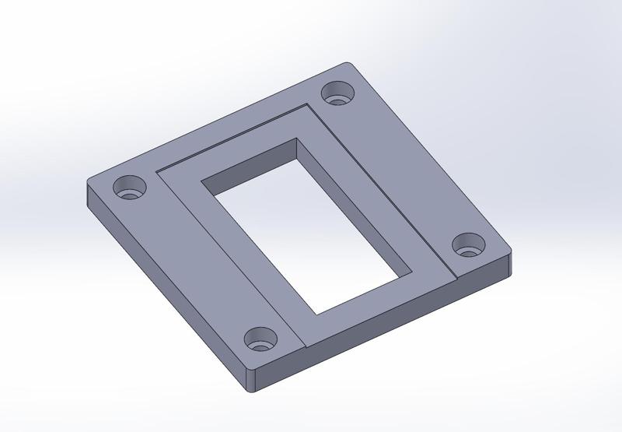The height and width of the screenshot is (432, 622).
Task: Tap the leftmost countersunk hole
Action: click(130, 188)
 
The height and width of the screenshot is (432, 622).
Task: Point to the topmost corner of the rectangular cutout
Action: click(296, 139)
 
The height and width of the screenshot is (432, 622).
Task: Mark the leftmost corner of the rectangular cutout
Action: click(202, 184)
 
